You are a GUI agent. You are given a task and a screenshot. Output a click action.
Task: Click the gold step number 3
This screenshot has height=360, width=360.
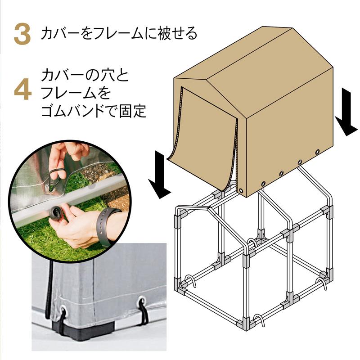coord(22,35)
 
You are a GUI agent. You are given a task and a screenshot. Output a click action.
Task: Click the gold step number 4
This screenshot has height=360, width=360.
coord(23,90)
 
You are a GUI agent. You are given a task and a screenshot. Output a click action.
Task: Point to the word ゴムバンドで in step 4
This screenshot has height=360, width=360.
coord(79,111)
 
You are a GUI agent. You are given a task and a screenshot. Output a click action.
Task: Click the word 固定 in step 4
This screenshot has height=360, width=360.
coord(133,111)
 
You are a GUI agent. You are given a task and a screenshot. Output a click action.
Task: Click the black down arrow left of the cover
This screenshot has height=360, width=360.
coord(159,175)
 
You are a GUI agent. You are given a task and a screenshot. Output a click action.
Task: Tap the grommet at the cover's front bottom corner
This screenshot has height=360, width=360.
coord(241,190)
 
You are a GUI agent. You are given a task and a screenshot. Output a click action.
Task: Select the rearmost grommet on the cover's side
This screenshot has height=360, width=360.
coord(318,152)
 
